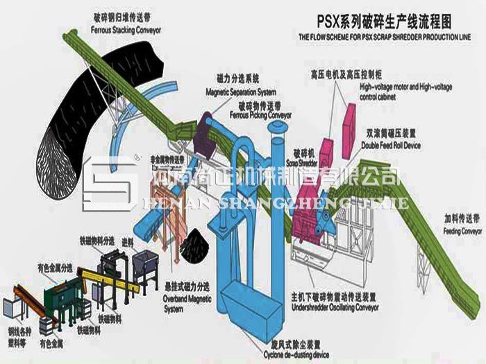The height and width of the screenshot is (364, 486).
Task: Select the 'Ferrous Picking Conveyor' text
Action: pyautogui.click(x=266, y=114)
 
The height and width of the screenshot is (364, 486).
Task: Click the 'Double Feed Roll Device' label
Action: pyautogui.click(x=390, y=146)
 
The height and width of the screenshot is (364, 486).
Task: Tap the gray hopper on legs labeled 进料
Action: pyautogui.click(x=148, y=264)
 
